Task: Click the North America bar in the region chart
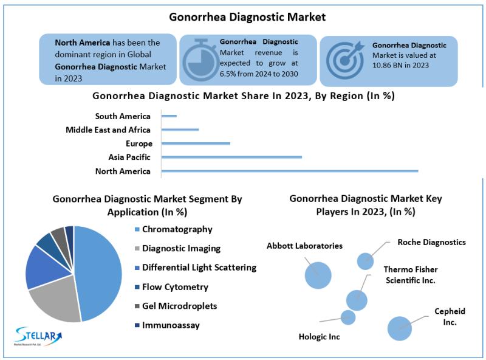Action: pos(290,171)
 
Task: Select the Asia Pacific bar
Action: pos(231,157)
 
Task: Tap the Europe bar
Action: pos(196,144)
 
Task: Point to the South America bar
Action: pos(169,116)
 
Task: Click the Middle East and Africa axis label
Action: pos(108,130)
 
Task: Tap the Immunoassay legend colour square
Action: pos(137,325)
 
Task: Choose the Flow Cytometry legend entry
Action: pos(171,287)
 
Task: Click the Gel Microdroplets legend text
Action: pos(179,306)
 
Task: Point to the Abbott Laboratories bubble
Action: pos(318,275)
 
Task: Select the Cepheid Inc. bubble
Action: pos(400,328)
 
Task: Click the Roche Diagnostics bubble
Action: pos(366,261)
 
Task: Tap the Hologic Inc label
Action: pos(320,337)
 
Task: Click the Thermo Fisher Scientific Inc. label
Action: pos(411,275)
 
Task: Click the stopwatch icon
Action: pos(200,60)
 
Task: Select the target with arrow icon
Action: pos(345,60)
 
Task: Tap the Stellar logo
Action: pos(38,336)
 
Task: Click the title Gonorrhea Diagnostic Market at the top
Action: pos(247,17)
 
